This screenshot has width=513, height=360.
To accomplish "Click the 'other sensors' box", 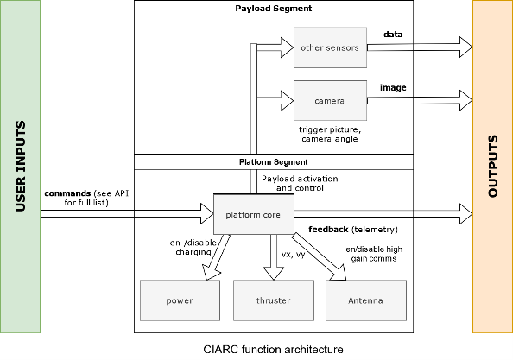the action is coord(330,47).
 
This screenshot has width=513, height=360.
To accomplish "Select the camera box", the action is coord(330,101).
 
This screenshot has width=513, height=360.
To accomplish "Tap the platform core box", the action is coord(254,214).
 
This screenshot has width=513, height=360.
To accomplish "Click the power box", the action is coord(180,300).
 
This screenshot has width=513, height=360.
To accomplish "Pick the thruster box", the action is coord(274,300).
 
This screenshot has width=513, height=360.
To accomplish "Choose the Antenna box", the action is coord(366,300).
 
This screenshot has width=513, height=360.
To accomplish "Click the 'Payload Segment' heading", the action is coord(274,9).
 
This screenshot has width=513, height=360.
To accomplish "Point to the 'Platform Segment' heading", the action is coord(274,162).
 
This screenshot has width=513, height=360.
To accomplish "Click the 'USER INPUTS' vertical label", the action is coord(21,167).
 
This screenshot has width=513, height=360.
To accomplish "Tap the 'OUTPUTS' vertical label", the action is coord(493,166).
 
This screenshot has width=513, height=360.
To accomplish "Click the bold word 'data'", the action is coord(393,35).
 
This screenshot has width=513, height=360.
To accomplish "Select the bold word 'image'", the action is coord(393,88).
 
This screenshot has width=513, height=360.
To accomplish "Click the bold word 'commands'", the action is coord(67,193).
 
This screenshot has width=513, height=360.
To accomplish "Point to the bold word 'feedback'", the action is coord(328,230).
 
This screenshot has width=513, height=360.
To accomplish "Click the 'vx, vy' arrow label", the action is coord(294,254).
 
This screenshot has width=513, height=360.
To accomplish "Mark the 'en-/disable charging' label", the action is coord(193,247).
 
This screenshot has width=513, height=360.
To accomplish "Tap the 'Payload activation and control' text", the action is coord(300,183).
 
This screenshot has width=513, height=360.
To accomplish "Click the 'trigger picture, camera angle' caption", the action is coord(330,135).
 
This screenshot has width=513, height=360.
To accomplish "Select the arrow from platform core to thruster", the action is coord(274,257).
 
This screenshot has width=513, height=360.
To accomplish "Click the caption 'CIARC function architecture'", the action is coord(274,350).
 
